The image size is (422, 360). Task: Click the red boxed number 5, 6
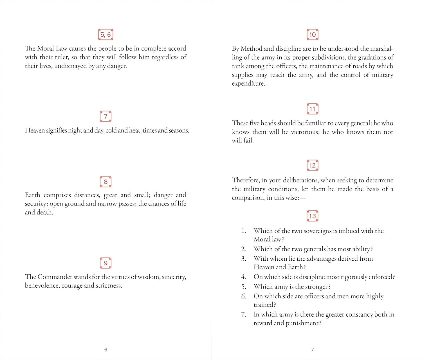105,35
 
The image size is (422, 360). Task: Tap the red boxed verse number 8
105,182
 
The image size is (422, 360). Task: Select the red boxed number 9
105,263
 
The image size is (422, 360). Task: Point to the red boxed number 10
312,35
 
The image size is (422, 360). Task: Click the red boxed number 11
312,109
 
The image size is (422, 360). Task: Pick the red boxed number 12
312,165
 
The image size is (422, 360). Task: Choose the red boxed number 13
312,216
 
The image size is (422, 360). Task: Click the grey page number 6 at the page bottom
105,350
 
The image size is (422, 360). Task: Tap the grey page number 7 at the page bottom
312,350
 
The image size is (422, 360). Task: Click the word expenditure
248,84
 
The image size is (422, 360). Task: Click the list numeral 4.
244,277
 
